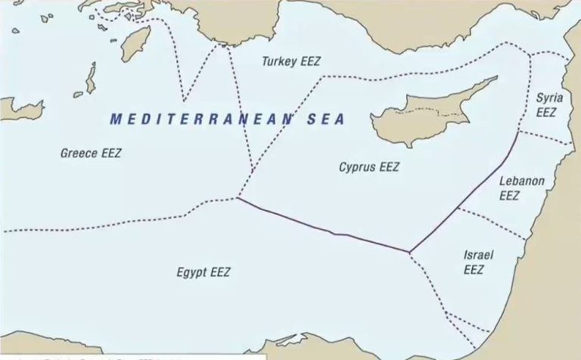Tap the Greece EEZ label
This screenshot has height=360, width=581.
click(91, 154)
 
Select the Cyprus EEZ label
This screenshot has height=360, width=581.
click(368, 167)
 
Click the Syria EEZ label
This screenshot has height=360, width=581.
click(545, 104)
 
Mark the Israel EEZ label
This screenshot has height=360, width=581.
click(478, 262)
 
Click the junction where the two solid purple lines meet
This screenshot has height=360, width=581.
click(409, 252)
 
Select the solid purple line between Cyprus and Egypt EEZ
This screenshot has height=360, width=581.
click(325, 228)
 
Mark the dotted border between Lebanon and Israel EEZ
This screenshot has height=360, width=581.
click(492, 222)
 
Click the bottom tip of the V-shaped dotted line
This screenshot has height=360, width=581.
click(185, 101)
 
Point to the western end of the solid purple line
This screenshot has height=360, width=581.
click(238, 199)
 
